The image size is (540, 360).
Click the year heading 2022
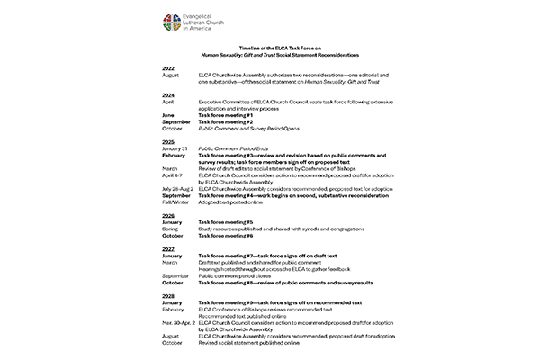(x=167, y=68)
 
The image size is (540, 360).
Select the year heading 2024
(x=167, y=94)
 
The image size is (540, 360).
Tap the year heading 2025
(x=167, y=141)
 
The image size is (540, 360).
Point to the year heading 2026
(x=167, y=214)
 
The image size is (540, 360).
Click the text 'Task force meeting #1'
(x=225, y=115)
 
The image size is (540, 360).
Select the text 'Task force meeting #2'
(x=225, y=121)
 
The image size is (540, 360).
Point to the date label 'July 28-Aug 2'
(x=177, y=188)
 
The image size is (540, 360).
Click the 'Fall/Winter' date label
(x=174, y=202)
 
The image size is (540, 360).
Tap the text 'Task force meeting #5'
(x=225, y=221)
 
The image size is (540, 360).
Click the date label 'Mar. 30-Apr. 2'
(x=179, y=321)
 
